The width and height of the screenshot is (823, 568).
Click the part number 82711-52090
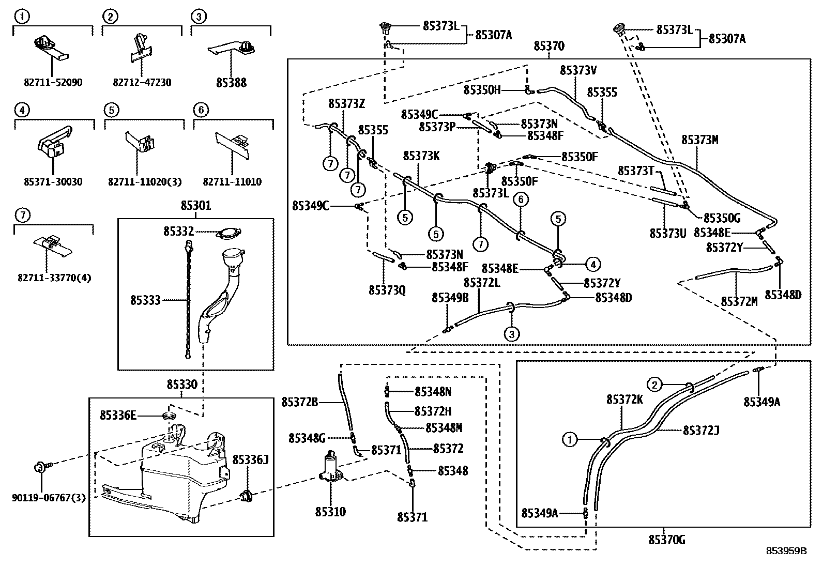tap(53, 83)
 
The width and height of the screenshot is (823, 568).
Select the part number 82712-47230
tap(142, 83)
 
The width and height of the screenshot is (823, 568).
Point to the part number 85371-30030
tap(53, 182)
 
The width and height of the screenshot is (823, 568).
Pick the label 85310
tap(330, 512)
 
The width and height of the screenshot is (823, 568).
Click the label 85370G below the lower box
tap(666, 540)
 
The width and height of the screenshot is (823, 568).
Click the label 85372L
tap(482, 283)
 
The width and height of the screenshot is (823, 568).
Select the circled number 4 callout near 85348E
tap(592, 265)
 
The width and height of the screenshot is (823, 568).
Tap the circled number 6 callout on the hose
tap(520, 199)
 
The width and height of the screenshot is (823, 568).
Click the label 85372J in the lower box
tap(702, 430)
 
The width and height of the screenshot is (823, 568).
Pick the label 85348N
tap(433, 392)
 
